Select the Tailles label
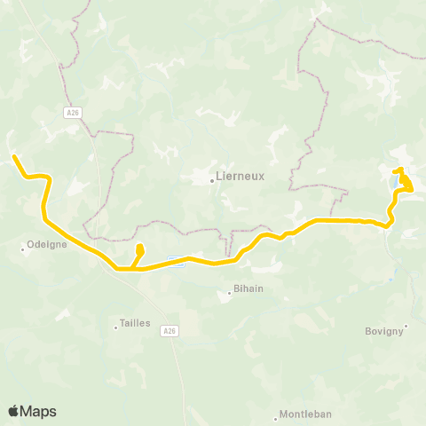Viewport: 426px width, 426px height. click(135, 324)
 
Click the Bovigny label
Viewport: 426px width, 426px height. click(384, 331)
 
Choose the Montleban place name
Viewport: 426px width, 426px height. click(304, 414)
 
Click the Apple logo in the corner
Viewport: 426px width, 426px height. click(14, 411)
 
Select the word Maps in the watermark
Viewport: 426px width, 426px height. click(40, 411)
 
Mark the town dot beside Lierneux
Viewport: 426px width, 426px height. click(212, 180)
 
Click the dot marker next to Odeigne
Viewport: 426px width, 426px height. click(23, 248)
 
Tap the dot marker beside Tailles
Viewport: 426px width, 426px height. click(115, 327)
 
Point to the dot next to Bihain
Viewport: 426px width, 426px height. click(229, 291)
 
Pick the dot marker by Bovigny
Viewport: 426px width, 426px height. click(406, 325)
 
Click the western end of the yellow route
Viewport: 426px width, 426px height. click(14, 158)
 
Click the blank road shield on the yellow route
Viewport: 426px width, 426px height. click(176, 261)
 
